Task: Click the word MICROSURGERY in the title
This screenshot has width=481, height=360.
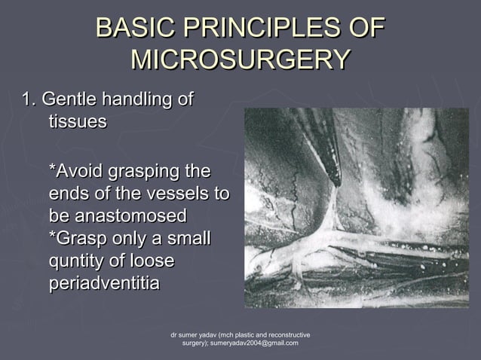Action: (x=240, y=59)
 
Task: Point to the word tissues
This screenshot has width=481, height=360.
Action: (x=77, y=122)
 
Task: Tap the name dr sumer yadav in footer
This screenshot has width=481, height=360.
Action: (x=195, y=334)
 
